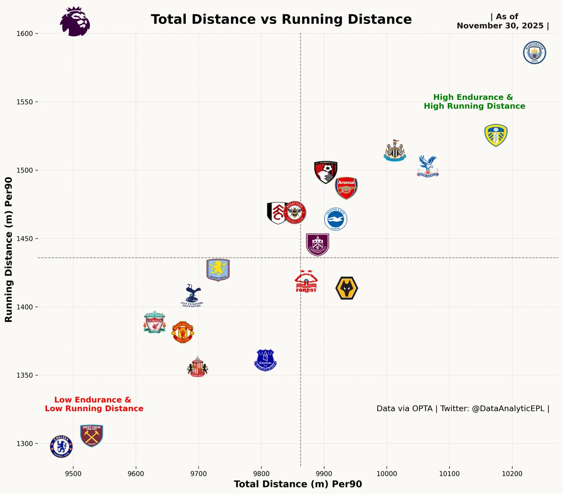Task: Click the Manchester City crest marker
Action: click(x=535, y=52)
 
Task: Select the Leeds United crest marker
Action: click(x=496, y=135)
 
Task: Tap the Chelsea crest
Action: click(x=61, y=446)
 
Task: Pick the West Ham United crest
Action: click(x=91, y=435)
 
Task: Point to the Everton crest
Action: click(x=266, y=360)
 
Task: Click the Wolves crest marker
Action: click(x=347, y=288)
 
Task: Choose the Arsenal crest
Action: click(x=346, y=188)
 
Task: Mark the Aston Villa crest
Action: click(x=218, y=270)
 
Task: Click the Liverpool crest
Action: click(x=155, y=322)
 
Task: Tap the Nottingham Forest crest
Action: click(x=306, y=282)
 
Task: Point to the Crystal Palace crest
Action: click(x=427, y=166)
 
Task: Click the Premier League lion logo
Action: click(x=75, y=22)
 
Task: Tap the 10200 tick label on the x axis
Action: click(x=512, y=474)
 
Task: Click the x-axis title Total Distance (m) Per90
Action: click(x=298, y=484)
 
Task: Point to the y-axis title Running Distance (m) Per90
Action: click(x=8, y=249)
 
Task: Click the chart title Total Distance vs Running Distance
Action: click(x=281, y=20)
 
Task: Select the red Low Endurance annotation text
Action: click(x=94, y=404)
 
